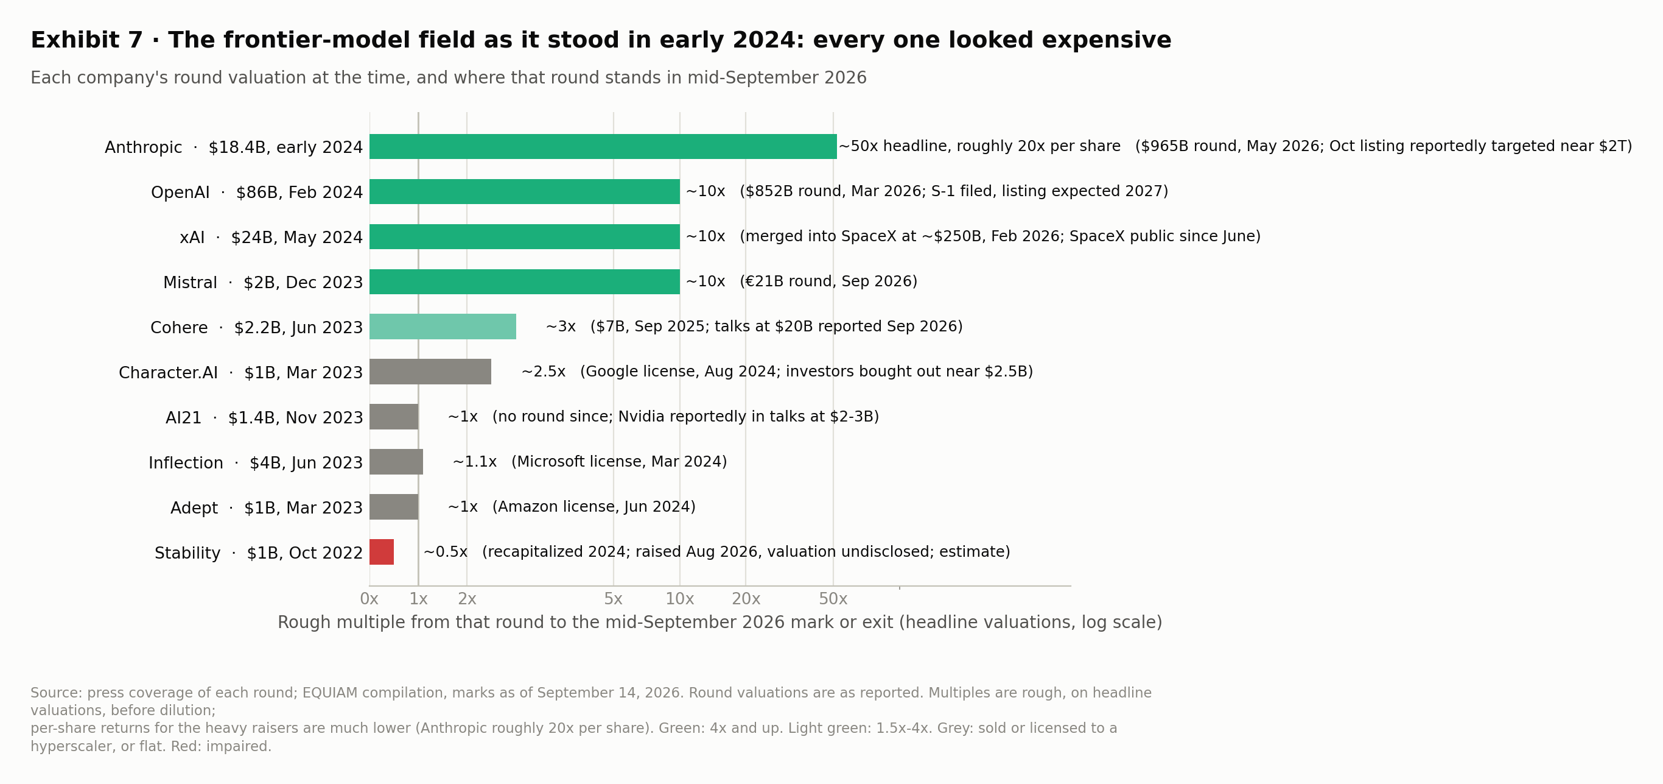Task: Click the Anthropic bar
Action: pos(603,147)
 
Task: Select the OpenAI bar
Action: pos(524,192)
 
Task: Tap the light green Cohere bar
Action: pos(443,327)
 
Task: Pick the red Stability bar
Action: pos(382,552)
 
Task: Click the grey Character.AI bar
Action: pos(430,372)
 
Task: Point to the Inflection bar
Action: pos(396,462)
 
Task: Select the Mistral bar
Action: pos(524,282)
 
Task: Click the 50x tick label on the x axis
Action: pos(833,599)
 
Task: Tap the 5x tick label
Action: pos(614,599)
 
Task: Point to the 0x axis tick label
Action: pos(369,599)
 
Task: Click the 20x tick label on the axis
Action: pos(746,599)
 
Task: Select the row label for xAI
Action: pos(271,238)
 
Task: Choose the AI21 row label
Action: pos(264,418)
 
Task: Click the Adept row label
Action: pos(267,508)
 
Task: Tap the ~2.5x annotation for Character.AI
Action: pos(544,372)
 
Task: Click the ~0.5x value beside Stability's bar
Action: pos(446,552)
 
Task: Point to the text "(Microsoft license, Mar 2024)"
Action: pos(619,462)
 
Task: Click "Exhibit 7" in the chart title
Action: pos(86,40)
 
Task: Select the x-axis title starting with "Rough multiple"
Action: pos(720,623)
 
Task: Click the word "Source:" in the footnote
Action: pos(57,693)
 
